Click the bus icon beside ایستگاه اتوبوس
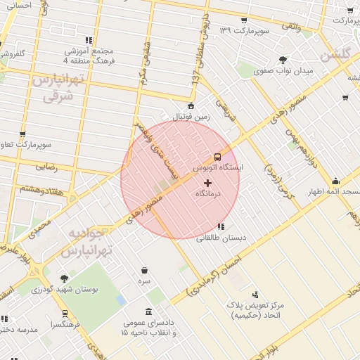point(217,156)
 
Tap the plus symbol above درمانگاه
point(207,183)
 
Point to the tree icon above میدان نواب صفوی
point(283,60)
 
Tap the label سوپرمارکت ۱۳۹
point(243,30)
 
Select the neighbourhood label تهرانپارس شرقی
point(51,89)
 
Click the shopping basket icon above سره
point(144,270)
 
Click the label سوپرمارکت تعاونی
point(22,146)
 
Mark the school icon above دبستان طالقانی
point(221,226)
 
